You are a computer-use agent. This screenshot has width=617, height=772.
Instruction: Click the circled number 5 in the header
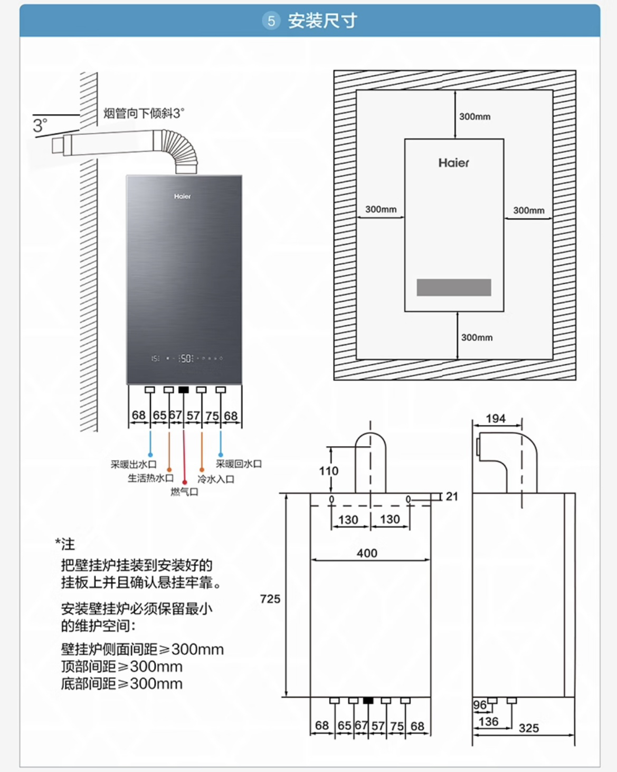[x=271, y=21]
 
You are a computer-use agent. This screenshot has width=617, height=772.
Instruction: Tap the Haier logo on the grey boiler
[x=183, y=196]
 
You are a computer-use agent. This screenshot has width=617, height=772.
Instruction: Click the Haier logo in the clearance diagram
[x=453, y=163]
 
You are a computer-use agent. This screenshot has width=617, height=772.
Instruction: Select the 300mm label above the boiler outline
[x=474, y=117]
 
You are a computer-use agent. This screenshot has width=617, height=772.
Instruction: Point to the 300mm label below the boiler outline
[x=477, y=337]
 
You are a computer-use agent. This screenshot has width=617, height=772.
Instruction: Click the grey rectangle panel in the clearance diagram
[x=454, y=287]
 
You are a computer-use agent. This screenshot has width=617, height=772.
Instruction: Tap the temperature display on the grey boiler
[x=185, y=359]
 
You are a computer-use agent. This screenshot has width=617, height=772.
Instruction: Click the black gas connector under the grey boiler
[x=184, y=390]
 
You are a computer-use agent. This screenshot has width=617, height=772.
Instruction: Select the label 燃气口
[x=184, y=491]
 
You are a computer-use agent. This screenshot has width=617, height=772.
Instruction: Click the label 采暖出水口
[x=134, y=465]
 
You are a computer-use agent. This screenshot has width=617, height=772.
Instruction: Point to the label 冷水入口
[x=216, y=479]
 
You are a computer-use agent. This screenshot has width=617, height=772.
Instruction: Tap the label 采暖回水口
[x=239, y=464]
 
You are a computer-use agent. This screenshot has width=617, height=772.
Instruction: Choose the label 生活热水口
[x=150, y=478]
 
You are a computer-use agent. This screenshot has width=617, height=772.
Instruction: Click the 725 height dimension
[x=270, y=599]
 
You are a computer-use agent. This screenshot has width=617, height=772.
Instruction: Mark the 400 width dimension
[x=367, y=553]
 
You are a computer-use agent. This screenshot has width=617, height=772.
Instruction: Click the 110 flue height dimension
[x=328, y=471]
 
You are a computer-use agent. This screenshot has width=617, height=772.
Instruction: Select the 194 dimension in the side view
[x=496, y=419]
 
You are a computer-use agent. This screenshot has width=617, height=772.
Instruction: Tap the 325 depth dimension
[x=528, y=728]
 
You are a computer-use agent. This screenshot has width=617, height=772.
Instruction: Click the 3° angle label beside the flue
[x=40, y=126]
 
